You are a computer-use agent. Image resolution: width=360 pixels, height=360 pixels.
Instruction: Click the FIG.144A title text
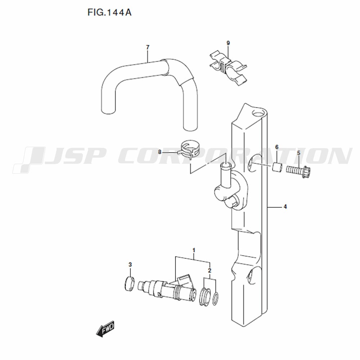point(109,12)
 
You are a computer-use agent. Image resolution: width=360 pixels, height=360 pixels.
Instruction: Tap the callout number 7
point(148,47)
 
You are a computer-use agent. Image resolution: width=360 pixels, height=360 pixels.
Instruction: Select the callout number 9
point(228,43)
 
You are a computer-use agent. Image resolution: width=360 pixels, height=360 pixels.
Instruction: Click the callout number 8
point(160,152)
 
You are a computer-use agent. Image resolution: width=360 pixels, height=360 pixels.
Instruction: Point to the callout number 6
point(276,147)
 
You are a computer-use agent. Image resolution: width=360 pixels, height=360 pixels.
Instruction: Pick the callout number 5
point(298,153)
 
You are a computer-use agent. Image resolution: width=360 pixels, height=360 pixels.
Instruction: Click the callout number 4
point(285,207)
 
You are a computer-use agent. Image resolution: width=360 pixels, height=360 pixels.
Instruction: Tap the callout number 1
point(194,250)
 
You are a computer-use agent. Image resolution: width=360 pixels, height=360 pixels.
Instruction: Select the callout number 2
point(210,270)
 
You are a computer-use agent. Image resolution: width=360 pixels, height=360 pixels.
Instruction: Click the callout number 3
point(130,265)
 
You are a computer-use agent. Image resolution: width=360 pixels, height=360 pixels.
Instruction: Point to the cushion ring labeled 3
point(130,284)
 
